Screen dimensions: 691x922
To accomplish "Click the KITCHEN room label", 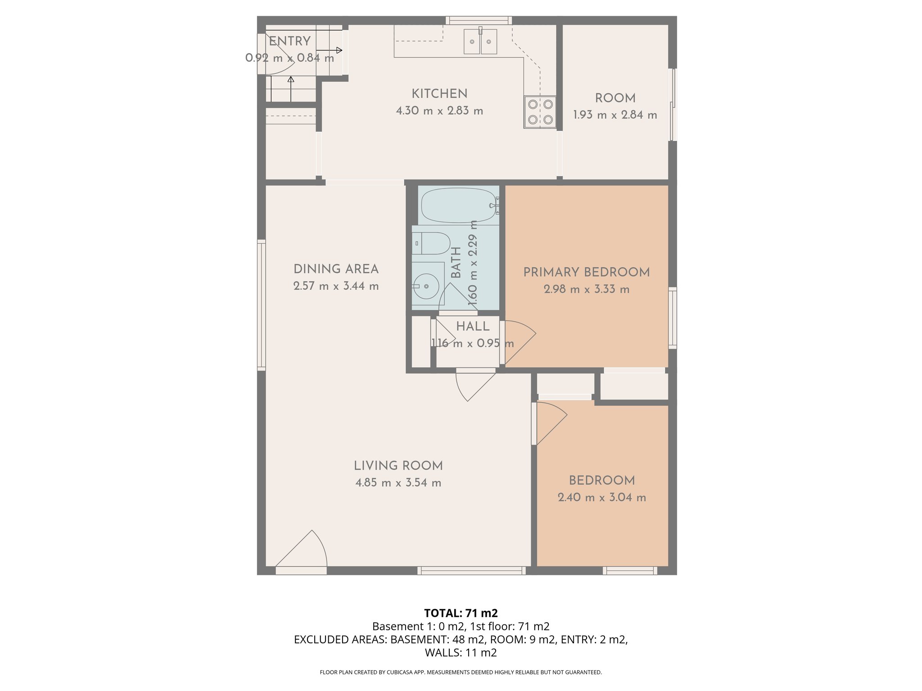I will [439, 94].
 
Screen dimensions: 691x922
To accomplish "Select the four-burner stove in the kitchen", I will [540, 112].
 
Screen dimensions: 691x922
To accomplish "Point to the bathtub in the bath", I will [458, 206].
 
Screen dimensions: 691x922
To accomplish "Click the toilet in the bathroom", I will [431, 243].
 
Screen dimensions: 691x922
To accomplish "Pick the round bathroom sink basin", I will [426, 286].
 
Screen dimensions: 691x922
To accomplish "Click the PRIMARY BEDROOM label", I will [586, 272].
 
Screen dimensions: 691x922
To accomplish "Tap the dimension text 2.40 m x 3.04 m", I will [601, 498].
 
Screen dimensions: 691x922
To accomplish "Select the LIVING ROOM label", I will [398, 466].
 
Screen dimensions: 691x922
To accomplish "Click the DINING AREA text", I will [336, 269].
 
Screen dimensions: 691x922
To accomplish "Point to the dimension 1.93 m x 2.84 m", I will [615, 115].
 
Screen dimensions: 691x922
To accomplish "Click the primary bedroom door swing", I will [519, 342].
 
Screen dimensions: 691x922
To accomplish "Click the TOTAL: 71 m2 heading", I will [461, 613].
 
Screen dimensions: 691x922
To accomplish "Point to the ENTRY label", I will [289, 41].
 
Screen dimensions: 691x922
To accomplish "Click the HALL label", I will [472, 327].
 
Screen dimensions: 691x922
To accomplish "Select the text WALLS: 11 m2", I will [461, 652].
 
